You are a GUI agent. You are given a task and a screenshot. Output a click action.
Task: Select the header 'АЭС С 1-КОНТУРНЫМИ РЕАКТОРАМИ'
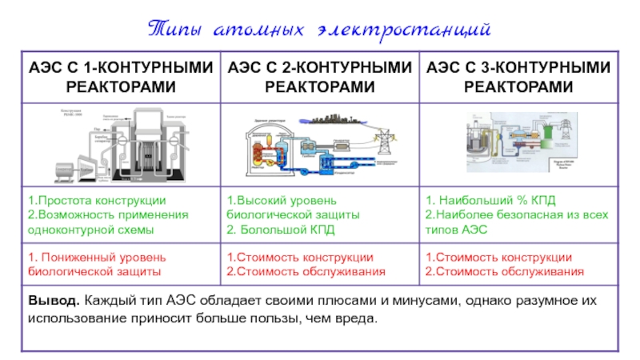(x=120, y=77)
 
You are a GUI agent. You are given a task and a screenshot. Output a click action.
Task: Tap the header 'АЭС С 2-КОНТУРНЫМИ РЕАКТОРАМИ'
(x=319, y=77)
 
